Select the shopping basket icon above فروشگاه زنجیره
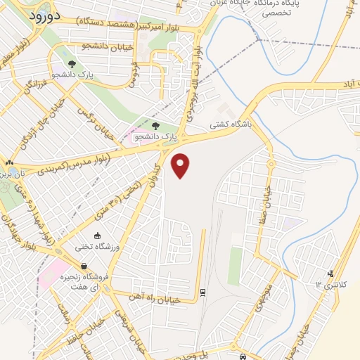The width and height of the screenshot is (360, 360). point(84,266)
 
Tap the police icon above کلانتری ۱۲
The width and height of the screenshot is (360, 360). point(331,273)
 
